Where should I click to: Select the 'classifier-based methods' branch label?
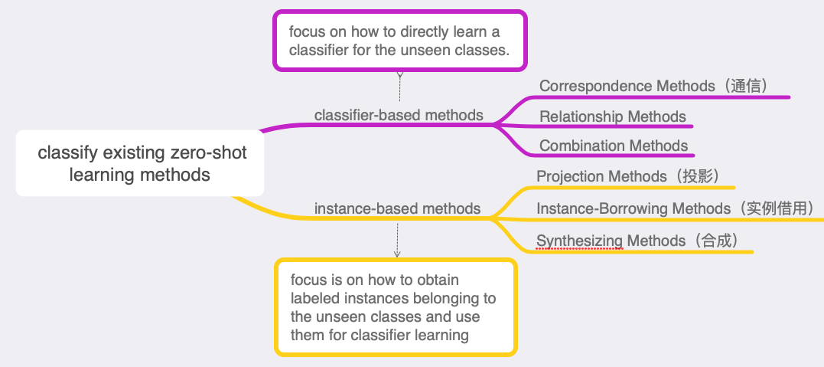click(x=399, y=115)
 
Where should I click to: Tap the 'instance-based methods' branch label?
click(x=397, y=208)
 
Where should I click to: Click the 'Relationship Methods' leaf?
click(x=613, y=116)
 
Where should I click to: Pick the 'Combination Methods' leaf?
click(x=614, y=146)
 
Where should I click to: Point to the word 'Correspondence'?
click(x=596, y=86)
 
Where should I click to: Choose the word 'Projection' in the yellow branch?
click(x=571, y=176)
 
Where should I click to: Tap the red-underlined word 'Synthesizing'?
click(x=580, y=241)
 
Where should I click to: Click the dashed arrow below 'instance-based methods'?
click(x=397, y=240)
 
